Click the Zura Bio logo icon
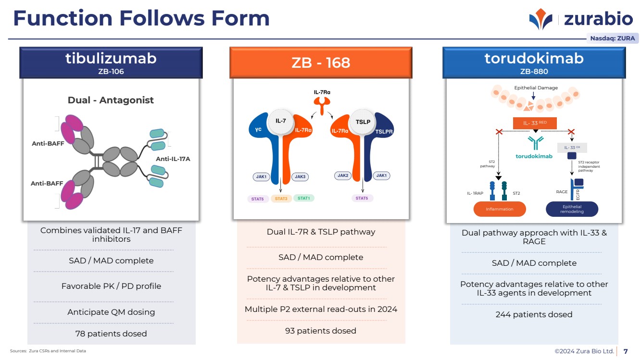pyautogui.click(x=541, y=19)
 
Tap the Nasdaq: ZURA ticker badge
pyautogui.click(x=612, y=38)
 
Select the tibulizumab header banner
pyautogui.click(x=111, y=62)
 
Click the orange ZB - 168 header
pyautogui.click(x=321, y=62)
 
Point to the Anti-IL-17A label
pyautogui.click(x=173, y=159)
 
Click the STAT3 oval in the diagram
pyautogui.click(x=281, y=198)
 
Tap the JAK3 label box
pyautogui.click(x=299, y=177)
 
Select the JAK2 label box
pyautogui.click(x=343, y=175)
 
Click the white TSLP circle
pyautogui.click(x=363, y=122)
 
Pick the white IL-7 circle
pyautogui.click(x=281, y=121)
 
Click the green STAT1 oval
pyautogui.click(x=304, y=198)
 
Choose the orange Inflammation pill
pyautogui.click(x=500, y=209)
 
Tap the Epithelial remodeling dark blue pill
pyautogui.click(x=572, y=209)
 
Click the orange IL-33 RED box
pyautogui.click(x=535, y=124)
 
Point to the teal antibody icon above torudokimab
pyautogui.click(x=534, y=143)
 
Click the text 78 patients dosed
pyautogui.click(x=111, y=334)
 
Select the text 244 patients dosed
pyautogui.click(x=534, y=314)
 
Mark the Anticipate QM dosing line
pyautogui.click(x=111, y=312)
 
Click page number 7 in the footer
pyautogui.click(x=626, y=351)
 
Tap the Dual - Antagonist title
pyautogui.click(x=111, y=100)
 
